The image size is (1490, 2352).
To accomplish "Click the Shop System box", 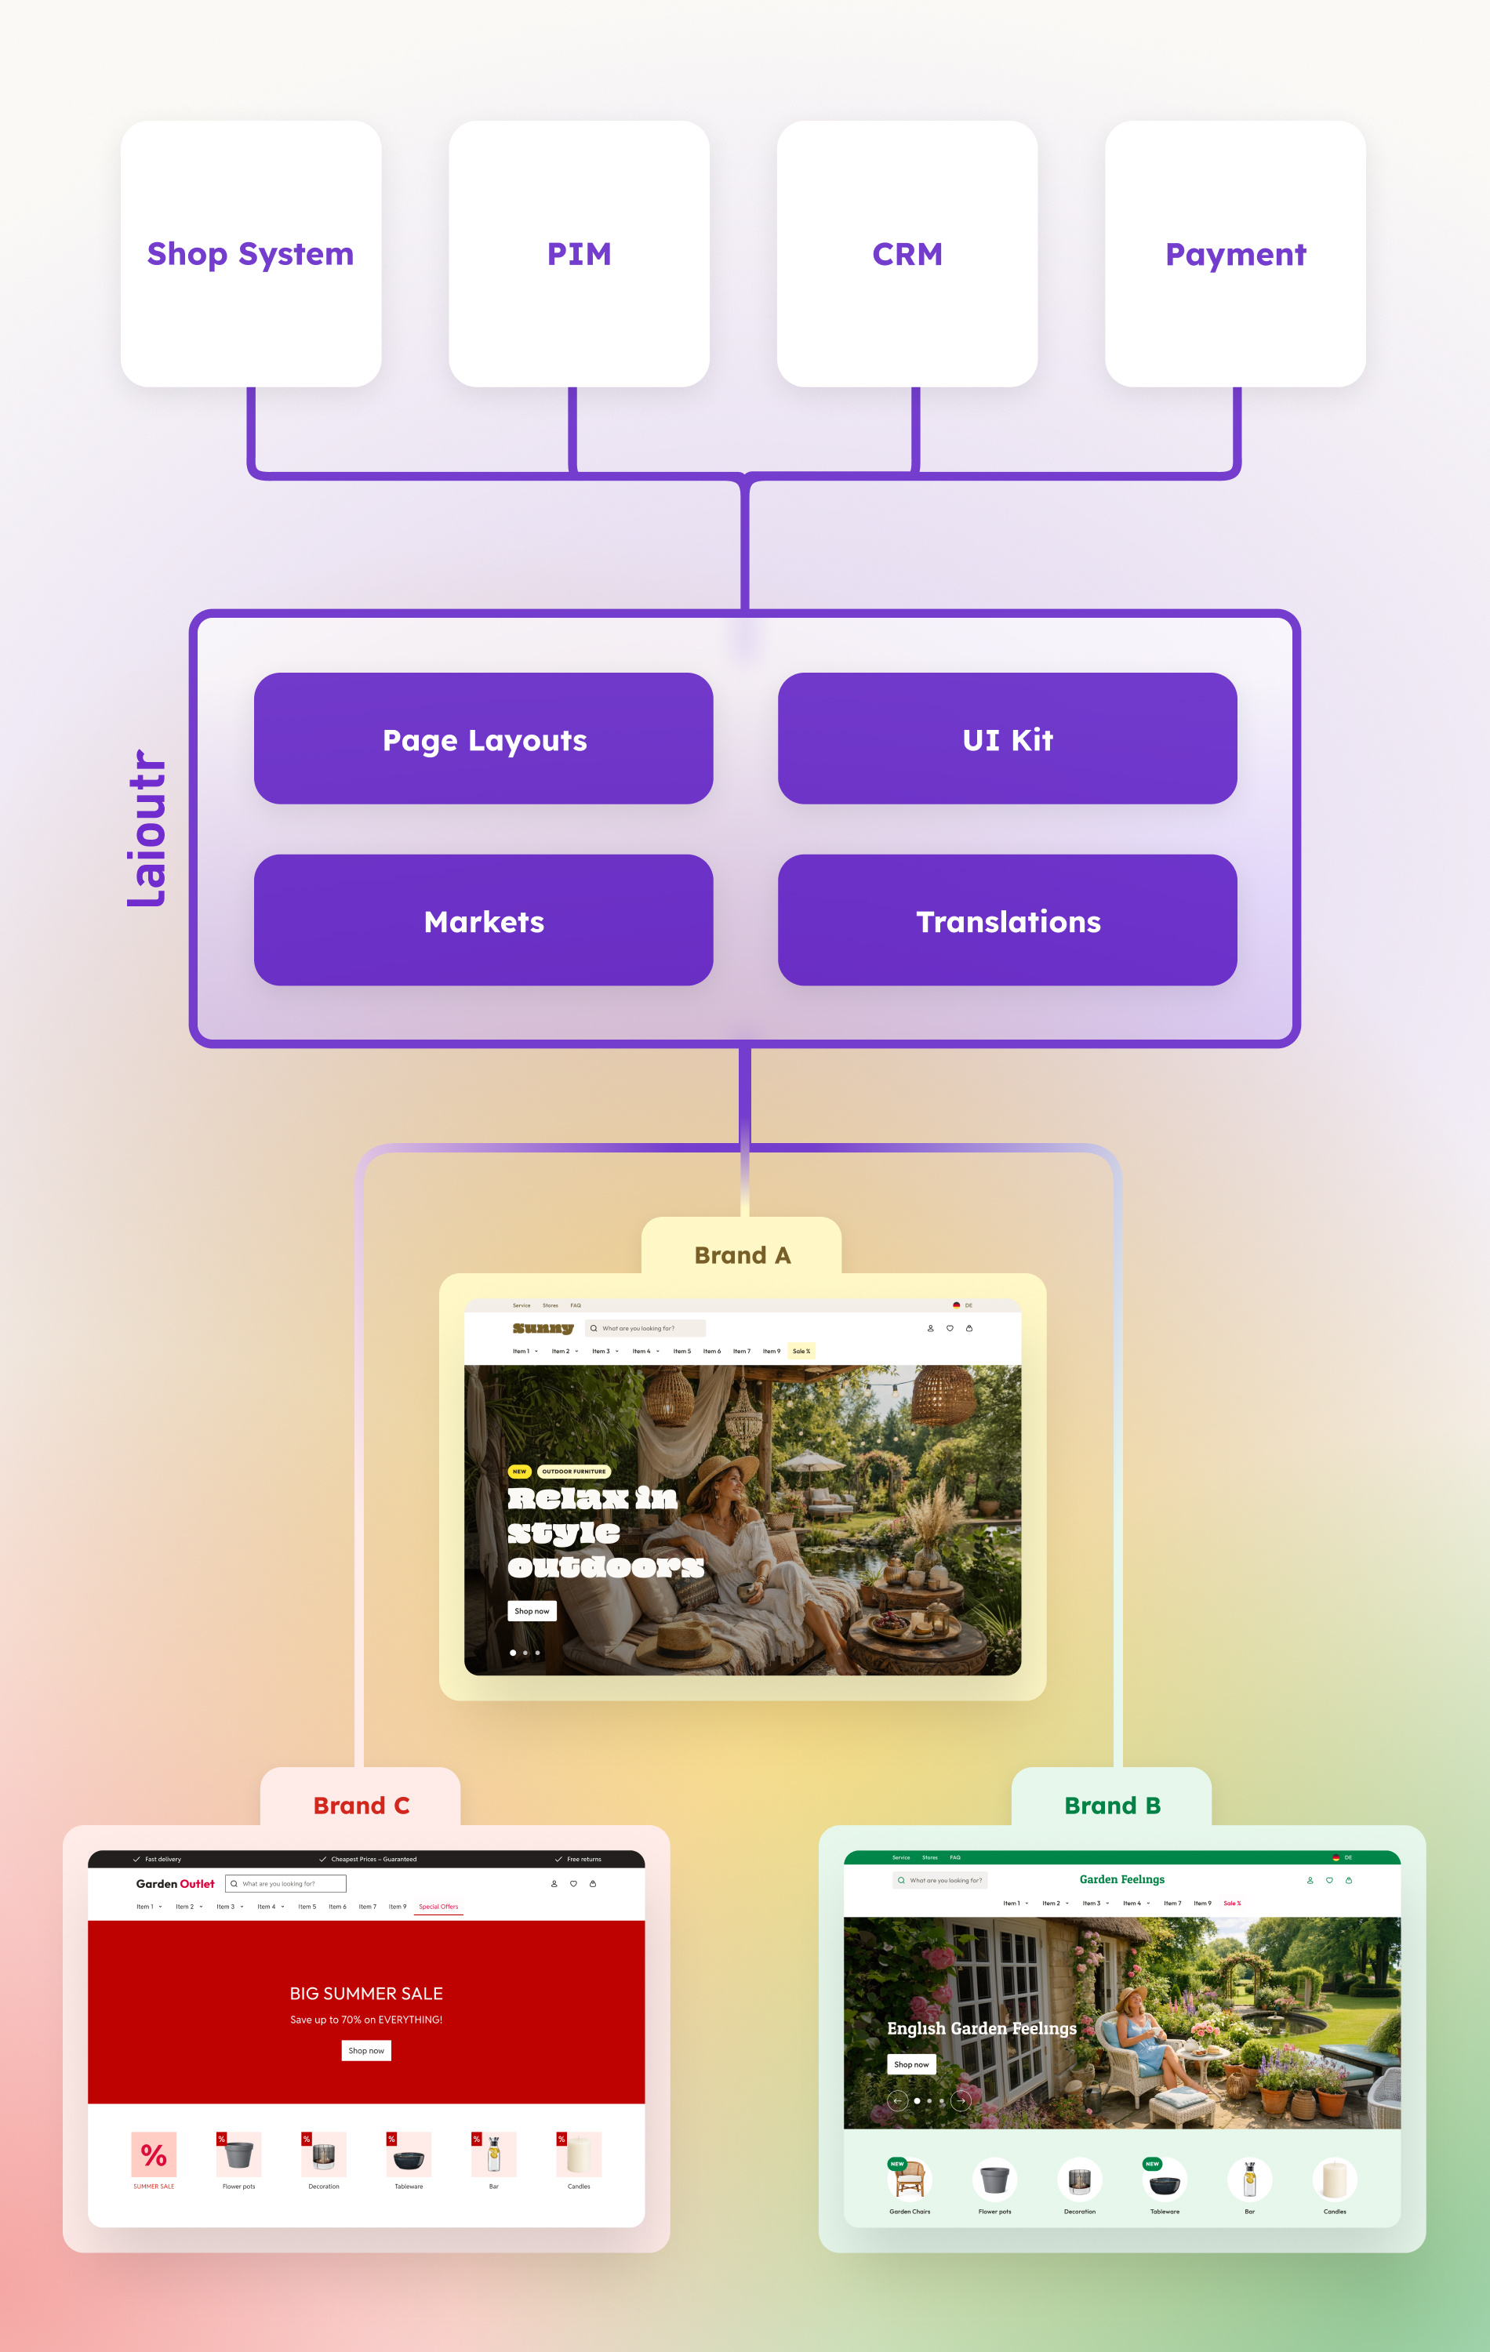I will pyautogui.click(x=250, y=254).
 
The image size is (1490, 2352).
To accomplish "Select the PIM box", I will pyautogui.click(x=579, y=254).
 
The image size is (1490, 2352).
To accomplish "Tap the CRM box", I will pyautogui.click(x=907, y=254).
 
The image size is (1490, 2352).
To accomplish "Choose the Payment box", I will pyautogui.click(x=1235, y=254).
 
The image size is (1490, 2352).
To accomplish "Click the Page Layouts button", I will pyautogui.click(x=484, y=739).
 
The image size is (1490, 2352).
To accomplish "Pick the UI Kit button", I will pyautogui.click(x=1008, y=739).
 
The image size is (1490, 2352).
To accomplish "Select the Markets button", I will pyautogui.click(x=484, y=921).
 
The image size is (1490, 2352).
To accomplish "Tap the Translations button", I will pyautogui.click(x=1008, y=921).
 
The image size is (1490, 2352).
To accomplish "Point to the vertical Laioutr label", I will pyautogui.click(x=147, y=828).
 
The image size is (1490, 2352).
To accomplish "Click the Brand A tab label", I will pyautogui.click(x=742, y=1255).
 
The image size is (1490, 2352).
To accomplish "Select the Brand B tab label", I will pyautogui.click(x=1112, y=1805).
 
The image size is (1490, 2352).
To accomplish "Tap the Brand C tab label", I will pyautogui.click(x=361, y=1805).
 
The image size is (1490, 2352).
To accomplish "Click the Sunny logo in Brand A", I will pyautogui.click(x=542, y=1328).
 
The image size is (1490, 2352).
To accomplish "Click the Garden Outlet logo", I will pyautogui.click(x=175, y=1883).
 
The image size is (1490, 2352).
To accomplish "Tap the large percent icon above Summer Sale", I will pyautogui.click(x=154, y=2154).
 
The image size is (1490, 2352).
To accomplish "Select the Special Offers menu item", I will pyautogui.click(x=438, y=1907).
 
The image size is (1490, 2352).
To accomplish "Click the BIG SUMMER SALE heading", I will pyautogui.click(x=366, y=1993).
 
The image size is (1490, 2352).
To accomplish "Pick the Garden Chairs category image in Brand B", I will pyautogui.click(x=910, y=2179).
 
